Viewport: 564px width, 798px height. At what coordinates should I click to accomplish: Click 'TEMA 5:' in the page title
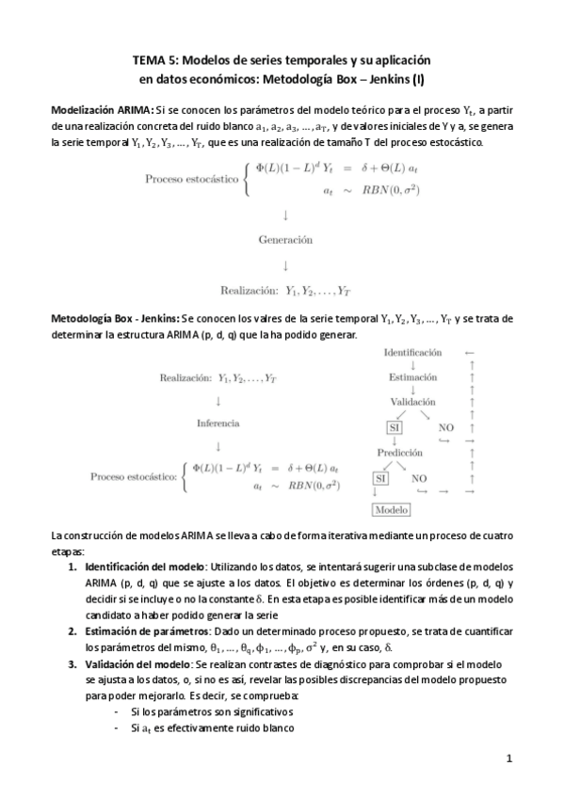coord(154,57)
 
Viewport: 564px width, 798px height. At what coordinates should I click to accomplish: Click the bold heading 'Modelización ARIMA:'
coord(102,110)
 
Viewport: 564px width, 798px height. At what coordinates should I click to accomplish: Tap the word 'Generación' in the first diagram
coord(285,240)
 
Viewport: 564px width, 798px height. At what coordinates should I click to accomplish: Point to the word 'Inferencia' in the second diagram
coord(218,423)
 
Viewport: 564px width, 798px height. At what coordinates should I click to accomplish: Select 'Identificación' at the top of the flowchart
coord(412,352)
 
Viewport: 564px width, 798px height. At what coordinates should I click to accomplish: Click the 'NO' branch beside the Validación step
coord(446,427)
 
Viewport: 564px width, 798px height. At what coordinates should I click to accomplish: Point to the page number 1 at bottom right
coord(508,758)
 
